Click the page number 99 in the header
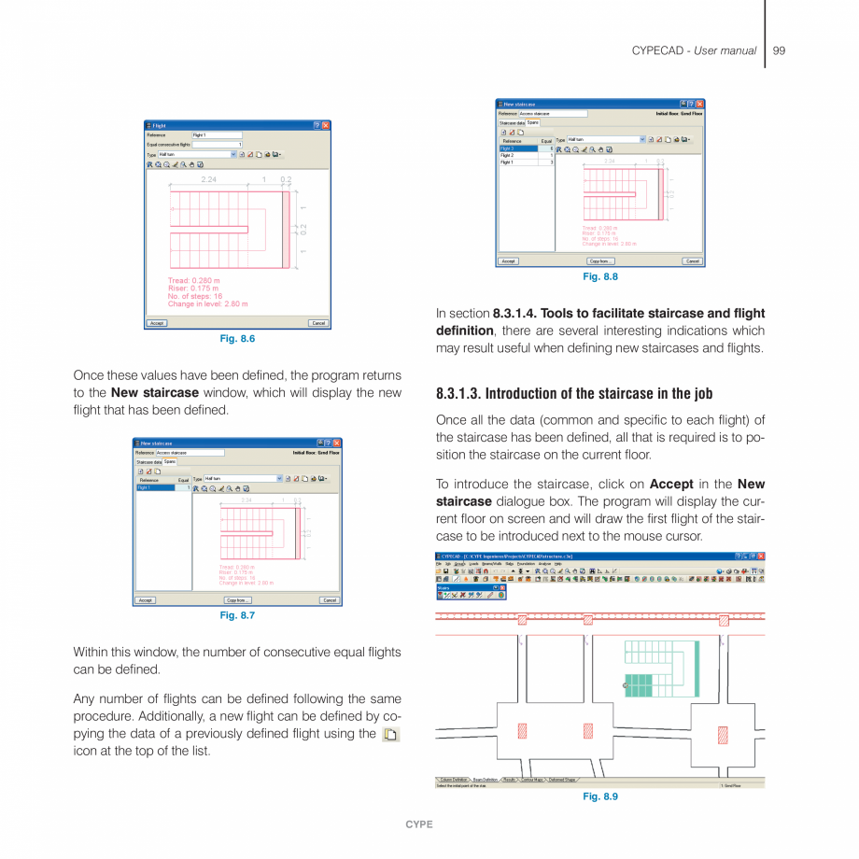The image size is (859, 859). pyautogui.click(x=779, y=50)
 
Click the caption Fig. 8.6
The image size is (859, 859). pyautogui.click(x=237, y=339)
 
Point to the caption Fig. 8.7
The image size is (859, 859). pyautogui.click(x=237, y=616)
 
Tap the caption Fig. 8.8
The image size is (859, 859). pyautogui.click(x=600, y=277)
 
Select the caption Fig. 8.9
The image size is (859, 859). pyautogui.click(x=600, y=796)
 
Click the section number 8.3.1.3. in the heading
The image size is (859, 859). pyautogui.click(x=458, y=393)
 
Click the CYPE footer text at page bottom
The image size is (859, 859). pyautogui.click(x=419, y=825)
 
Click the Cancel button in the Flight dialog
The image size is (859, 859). pyautogui.click(x=318, y=323)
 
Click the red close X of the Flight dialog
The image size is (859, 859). pyautogui.click(x=326, y=125)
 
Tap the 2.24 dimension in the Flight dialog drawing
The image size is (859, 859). pyautogui.click(x=209, y=179)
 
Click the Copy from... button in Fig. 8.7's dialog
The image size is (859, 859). pyautogui.click(x=237, y=600)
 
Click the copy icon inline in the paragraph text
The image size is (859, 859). pyautogui.click(x=390, y=735)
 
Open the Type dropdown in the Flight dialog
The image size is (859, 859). pyautogui.click(x=232, y=154)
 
